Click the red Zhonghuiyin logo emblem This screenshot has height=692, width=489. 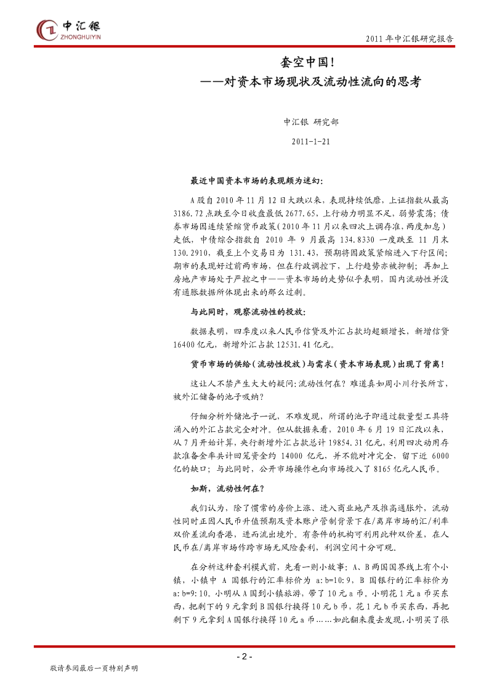pos(47,29)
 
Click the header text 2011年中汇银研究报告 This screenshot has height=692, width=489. pos(410,38)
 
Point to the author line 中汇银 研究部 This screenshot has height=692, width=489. pos(310,122)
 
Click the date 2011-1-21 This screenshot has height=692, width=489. pos(310,141)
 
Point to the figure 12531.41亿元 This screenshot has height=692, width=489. pos(294,344)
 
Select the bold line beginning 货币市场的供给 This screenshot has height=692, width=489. pos(317,365)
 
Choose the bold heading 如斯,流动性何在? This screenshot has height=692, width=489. pos(227,489)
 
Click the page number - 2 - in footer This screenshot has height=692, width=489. pos(244,657)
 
